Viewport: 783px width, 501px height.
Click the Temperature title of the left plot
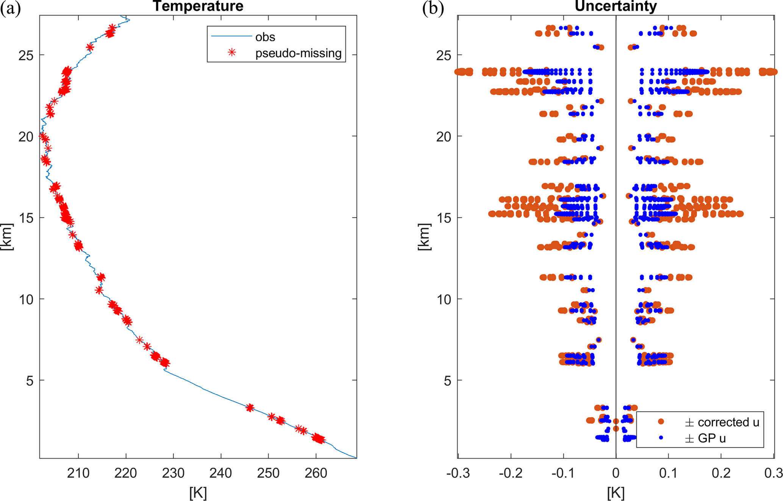point(198,6)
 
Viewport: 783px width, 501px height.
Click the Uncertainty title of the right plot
point(616,6)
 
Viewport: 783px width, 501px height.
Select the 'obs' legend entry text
point(265,37)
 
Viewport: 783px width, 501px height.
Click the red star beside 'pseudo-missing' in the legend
point(232,53)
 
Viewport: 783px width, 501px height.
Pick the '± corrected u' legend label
point(722,422)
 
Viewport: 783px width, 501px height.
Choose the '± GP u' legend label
point(705,438)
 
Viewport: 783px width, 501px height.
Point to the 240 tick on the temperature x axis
point(221,473)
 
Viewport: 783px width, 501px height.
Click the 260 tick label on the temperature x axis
point(316,473)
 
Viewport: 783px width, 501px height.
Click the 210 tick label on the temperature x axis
point(78,473)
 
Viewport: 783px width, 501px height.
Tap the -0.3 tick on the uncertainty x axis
point(458,473)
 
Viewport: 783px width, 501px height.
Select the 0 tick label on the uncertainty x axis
point(616,473)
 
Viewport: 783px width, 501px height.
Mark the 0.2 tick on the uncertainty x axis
point(721,473)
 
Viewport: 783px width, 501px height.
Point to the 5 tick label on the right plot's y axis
point(448,380)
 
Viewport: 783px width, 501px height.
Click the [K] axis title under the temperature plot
point(198,493)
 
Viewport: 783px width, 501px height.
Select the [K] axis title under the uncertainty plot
point(616,493)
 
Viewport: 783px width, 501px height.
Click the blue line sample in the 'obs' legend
point(231,36)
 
